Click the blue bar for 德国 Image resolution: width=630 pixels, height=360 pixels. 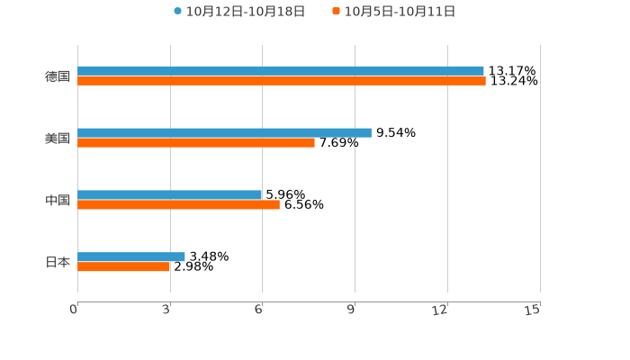tap(281, 70)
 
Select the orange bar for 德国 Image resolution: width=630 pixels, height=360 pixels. tap(282, 81)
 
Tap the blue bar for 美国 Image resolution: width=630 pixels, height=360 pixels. tap(224, 132)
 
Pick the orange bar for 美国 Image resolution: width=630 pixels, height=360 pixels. tap(196, 142)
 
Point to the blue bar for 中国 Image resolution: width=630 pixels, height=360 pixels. tap(169, 194)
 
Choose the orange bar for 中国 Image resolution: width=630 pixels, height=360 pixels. tap(178, 204)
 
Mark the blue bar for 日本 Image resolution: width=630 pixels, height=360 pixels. tap(131, 256)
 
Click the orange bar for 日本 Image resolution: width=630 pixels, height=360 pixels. tap(124, 266)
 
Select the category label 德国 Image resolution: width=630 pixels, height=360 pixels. tap(58, 76)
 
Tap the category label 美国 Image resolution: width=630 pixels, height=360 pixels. tap(58, 138)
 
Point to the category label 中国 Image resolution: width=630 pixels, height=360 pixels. tap(58, 200)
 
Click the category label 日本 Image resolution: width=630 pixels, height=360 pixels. tap(58, 262)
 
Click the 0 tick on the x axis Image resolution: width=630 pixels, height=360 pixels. tap(74, 310)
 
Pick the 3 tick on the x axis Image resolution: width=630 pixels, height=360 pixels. tap(166, 310)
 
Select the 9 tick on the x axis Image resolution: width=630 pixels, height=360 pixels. tap(351, 310)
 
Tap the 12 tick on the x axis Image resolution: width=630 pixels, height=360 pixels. tap(440, 310)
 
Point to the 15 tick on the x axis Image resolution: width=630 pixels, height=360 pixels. tap(533, 310)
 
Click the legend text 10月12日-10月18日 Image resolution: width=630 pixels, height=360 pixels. tap(246, 12)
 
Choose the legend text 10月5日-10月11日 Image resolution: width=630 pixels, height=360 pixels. tap(400, 12)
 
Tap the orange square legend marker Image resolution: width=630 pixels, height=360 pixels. tap(337, 12)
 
